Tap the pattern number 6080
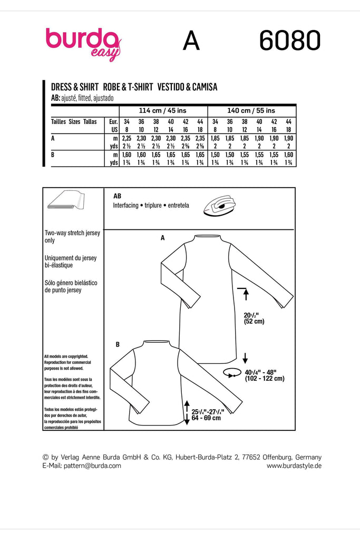click(289, 41)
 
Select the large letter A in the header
click(191, 42)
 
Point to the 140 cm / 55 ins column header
click(251, 111)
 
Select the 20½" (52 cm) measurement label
click(255, 318)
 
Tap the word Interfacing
click(125, 206)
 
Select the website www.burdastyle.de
click(294, 466)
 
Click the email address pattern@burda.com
click(92, 466)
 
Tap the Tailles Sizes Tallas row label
click(74, 121)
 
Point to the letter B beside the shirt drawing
click(118, 344)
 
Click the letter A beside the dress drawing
click(163, 238)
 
